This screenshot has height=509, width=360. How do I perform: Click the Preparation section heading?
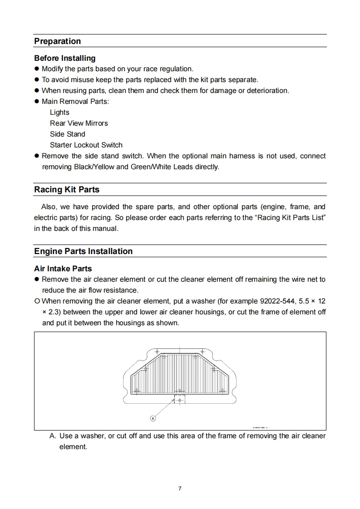click(58, 41)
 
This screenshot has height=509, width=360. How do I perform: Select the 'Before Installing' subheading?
click(65, 58)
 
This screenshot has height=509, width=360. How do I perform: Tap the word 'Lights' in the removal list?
click(59, 113)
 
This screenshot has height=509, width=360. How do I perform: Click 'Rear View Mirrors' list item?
click(79, 123)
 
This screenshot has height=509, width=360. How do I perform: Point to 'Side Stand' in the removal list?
click(68, 134)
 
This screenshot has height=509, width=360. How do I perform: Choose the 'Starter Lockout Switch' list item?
click(86, 145)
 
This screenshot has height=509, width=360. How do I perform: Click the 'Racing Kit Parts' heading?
click(67, 190)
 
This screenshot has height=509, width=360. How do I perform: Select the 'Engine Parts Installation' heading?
click(84, 251)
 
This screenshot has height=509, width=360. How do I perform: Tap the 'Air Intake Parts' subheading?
click(63, 269)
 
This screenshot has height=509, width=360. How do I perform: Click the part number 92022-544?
click(275, 301)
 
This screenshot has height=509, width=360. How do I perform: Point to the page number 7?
click(180, 489)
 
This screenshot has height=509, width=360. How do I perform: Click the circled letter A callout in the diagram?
click(153, 418)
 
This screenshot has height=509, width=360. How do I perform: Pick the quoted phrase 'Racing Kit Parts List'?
click(291, 217)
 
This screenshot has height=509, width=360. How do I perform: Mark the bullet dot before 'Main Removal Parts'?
click(37, 102)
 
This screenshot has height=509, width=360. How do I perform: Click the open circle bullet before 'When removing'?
click(37, 301)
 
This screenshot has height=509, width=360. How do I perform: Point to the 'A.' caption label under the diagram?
click(53, 436)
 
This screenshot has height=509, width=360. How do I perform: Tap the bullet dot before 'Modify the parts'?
click(37, 69)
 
